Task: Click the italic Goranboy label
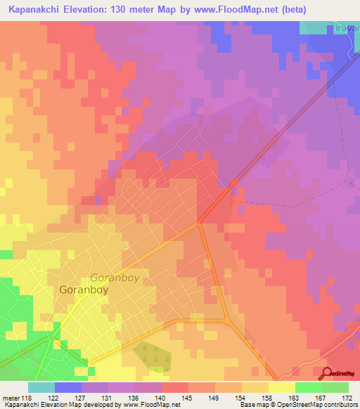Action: (115, 278)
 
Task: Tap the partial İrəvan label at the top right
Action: (347, 28)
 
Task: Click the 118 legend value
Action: (28, 398)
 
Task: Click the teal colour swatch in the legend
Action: (41, 387)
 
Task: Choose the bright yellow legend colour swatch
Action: (281, 387)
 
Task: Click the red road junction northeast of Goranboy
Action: (200, 223)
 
